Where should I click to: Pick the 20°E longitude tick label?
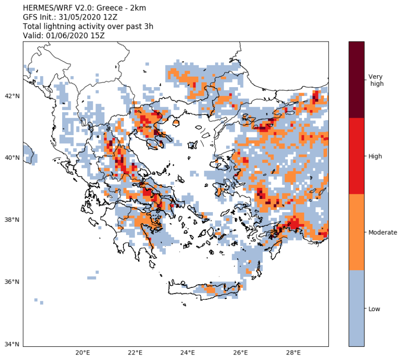82,353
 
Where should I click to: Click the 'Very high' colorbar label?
376,80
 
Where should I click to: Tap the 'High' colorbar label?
376,157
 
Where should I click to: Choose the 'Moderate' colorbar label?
383,233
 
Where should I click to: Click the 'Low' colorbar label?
375,309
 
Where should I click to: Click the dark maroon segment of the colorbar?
356,79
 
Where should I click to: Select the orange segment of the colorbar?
356,232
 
